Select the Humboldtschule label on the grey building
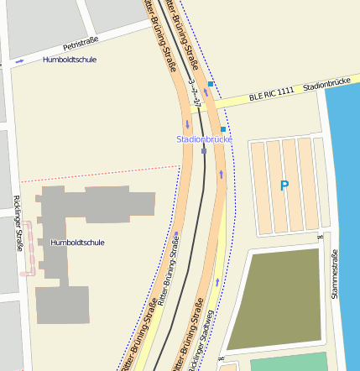[x=77, y=243]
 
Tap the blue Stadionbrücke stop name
[x=203, y=138]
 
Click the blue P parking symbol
[x=284, y=185]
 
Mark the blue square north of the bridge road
[x=211, y=85]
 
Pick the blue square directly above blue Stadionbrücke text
[x=223, y=129]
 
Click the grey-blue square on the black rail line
[x=203, y=152]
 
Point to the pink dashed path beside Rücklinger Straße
[x=28, y=248]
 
